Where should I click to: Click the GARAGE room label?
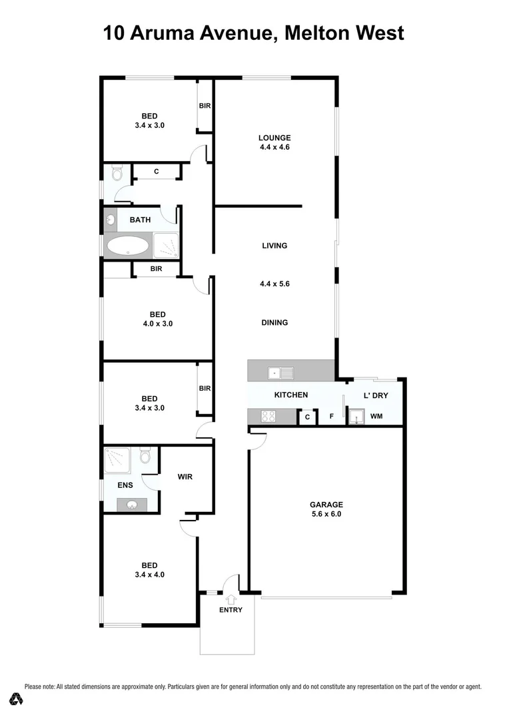click(326, 503)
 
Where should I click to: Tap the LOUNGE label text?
click(274, 138)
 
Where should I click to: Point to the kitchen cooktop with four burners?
click(267, 417)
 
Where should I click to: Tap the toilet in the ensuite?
click(145, 457)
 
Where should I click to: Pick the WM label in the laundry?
click(376, 417)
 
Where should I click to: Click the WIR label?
click(185, 477)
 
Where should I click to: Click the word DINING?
click(274, 323)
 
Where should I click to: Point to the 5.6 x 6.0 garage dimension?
click(326, 513)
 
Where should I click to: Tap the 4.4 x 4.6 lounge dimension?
click(274, 148)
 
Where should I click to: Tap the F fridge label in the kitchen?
click(331, 417)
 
